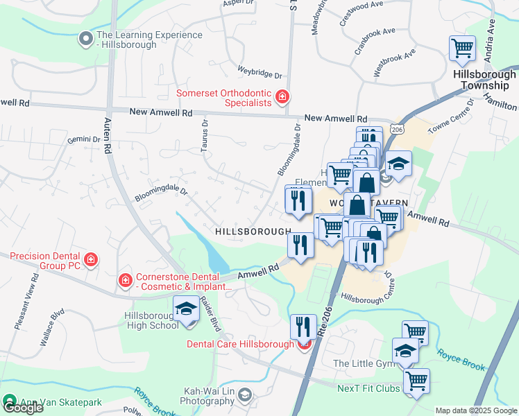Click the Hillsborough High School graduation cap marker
click(185, 309)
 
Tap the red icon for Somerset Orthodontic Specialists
click(282, 97)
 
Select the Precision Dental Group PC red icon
click(90, 260)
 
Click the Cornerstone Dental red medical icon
click(125, 281)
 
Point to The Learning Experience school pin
click(86, 40)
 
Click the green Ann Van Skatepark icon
click(9, 401)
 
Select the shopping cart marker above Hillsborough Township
click(462, 49)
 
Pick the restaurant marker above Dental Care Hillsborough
click(303, 326)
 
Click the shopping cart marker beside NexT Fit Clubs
click(416, 380)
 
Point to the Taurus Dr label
click(205, 134)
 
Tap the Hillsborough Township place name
click(484, 80)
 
